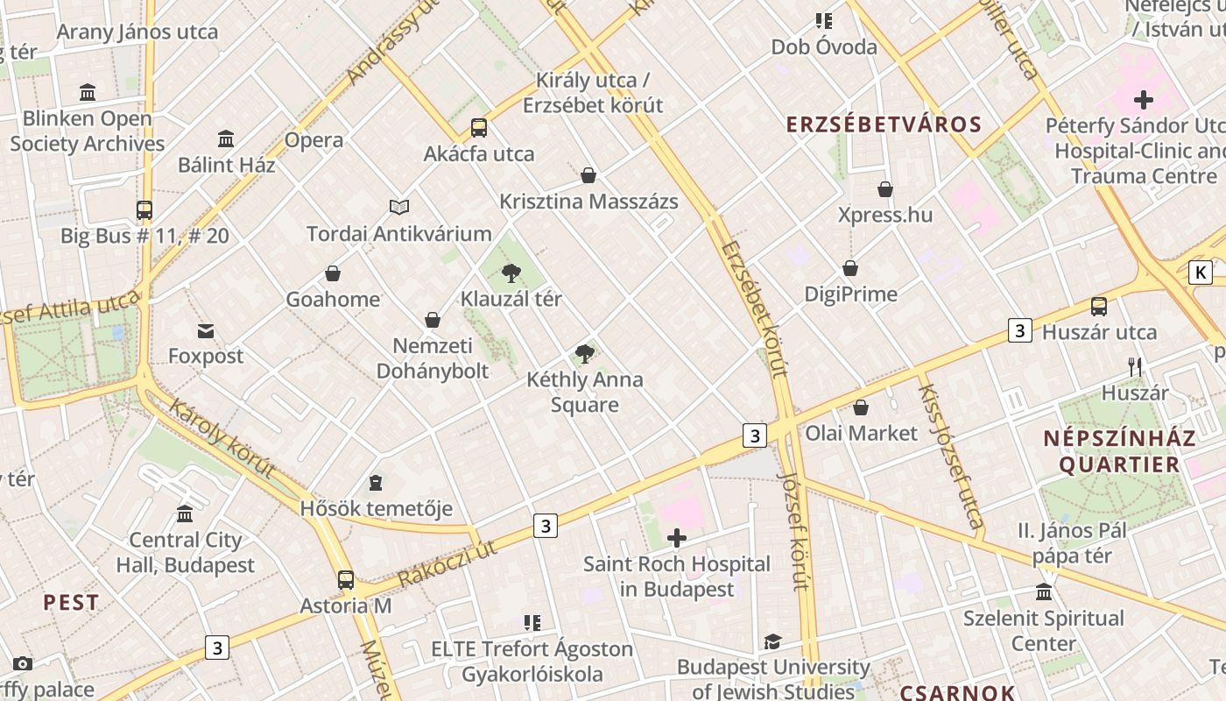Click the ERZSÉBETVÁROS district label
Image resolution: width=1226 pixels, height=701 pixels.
884,124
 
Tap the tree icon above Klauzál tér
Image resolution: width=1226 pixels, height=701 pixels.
511,273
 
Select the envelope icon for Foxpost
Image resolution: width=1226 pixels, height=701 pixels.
206,330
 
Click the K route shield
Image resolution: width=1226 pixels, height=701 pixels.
1201,273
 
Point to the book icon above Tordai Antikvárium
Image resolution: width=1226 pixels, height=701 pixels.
399,208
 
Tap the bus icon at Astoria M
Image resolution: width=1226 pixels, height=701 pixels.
346,579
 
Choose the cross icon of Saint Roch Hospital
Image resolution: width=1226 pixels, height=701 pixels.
677,538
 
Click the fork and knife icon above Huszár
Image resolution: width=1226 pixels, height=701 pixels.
1135,366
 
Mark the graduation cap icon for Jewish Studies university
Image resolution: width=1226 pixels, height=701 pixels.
772,642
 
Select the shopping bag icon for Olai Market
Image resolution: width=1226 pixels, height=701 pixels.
861,407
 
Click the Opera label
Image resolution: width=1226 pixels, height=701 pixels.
314,140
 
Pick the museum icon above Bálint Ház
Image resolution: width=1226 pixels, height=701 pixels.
226,138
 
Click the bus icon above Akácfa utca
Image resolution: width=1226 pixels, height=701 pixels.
478,128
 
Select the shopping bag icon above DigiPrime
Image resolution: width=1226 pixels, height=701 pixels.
850,268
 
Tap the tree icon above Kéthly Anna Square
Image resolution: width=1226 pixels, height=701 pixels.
585,354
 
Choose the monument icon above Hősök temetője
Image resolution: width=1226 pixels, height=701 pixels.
376,482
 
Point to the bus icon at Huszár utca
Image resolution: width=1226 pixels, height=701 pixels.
1099,307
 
